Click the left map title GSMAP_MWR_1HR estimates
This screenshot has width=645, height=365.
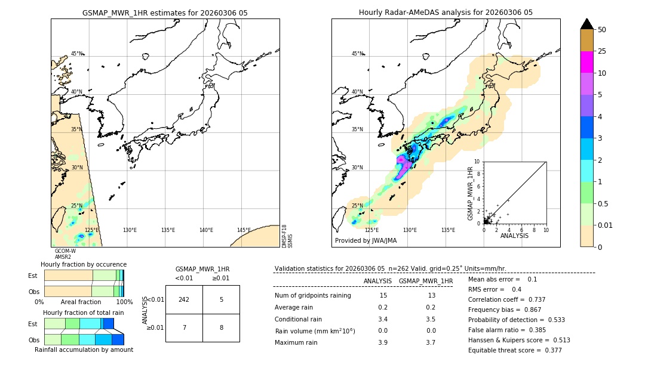[165, 13]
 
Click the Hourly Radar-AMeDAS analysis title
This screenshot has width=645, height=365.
[446, 13]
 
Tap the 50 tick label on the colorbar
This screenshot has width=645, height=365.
[602, 30]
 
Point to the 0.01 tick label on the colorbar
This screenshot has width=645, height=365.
[605, 225]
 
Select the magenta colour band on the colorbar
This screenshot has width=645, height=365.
[587, 62]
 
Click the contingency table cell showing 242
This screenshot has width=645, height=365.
[184, 299]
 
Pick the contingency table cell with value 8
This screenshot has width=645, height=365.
[221, 327]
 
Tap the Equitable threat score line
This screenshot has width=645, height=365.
[515, 350]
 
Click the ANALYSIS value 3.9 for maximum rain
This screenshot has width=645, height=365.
[382, 342]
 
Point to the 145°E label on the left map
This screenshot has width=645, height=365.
[244, 230]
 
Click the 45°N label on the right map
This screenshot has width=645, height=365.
[357, 54]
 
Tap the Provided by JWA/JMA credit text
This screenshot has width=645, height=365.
[365, 240]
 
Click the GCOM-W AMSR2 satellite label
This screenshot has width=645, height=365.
[65, 254]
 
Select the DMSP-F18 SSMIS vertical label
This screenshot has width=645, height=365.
[287, 236]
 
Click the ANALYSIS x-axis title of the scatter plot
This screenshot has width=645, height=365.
[514, 236]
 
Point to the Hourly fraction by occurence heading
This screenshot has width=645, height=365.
[84, 264]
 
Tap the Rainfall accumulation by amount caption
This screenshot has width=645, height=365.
[84, 349]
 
